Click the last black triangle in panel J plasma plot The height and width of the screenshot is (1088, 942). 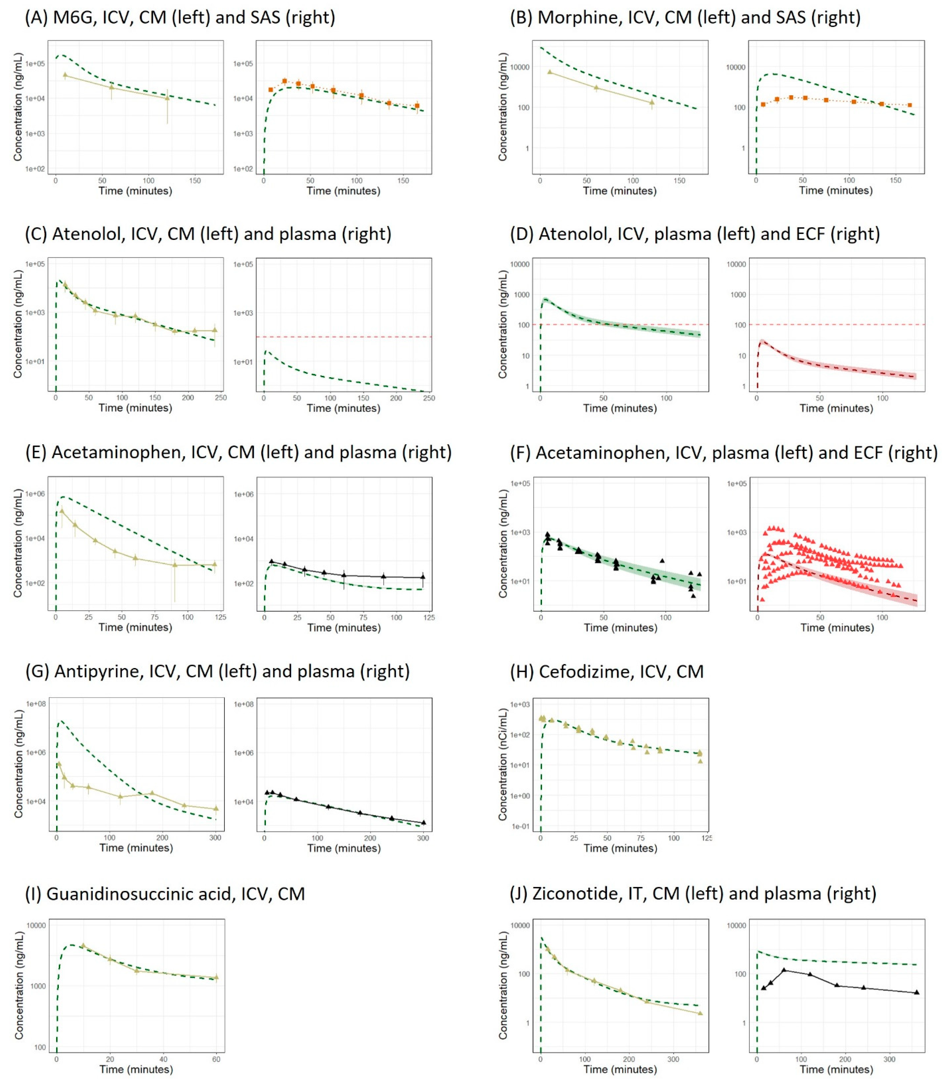916,992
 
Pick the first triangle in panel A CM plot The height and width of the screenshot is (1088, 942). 65,75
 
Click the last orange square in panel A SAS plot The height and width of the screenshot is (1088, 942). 417,106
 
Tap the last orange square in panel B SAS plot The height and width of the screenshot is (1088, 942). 909,105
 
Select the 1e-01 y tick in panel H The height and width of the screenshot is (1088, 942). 520,827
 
